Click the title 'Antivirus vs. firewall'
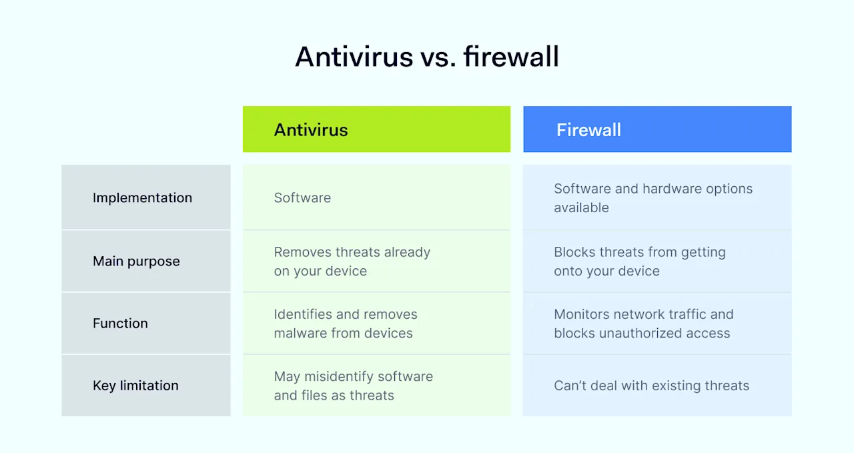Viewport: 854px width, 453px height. (427, 57)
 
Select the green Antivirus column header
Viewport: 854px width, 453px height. (376, 129)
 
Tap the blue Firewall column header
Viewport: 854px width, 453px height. (657, 129)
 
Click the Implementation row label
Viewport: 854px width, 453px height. (142, 197)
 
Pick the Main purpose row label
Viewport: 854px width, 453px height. (136, 261)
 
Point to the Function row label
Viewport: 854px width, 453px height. (120, 323)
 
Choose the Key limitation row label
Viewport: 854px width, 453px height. (135, 385)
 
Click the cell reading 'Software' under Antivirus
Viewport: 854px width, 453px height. (302, 197)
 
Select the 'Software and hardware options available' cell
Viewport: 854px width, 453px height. (653, 197)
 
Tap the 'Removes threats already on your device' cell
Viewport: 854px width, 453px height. (352, 261)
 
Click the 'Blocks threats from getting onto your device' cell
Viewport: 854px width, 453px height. (639, 261)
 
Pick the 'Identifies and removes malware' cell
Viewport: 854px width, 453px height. (345, 323)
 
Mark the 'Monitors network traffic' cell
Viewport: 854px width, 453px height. (643, 323)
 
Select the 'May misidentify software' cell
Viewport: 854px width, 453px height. (353, 385)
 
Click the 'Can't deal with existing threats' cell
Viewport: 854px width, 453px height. (651, 385)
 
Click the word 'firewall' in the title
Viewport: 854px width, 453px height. (511, 57)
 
